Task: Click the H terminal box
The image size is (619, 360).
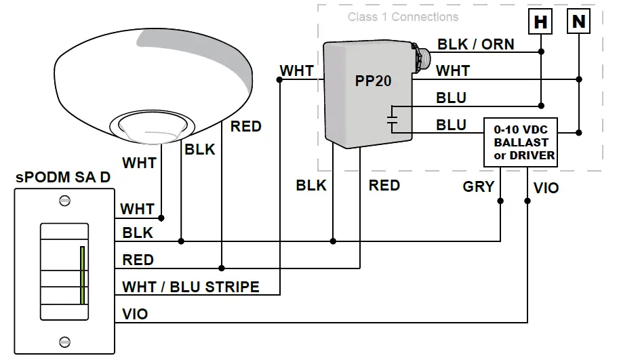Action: pyautogui.click(x=540, y=22)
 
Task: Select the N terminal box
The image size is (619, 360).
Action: pyautogui.click(x=578, y=22)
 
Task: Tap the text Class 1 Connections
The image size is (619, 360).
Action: pyautogui.click(x=403, y=17)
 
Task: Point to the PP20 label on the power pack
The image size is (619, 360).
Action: pyautogui.click(x=374, y=81)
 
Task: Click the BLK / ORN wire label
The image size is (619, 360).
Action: pyautogui.click(x=475, y=45)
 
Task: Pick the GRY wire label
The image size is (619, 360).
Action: pyautogui.click(x=478, y=186)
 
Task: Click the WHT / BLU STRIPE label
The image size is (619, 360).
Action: pyautogui.click(x=191, y=287)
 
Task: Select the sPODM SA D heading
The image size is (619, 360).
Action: pyautogui.click(x=63, y=178)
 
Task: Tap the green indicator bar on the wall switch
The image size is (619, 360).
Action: pyautogui.click(x=81, y=275)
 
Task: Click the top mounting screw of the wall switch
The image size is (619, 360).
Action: pyautogui.click(x=65, y=200)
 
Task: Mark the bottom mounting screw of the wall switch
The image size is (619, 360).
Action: pyautogui.click(x=65, y=342)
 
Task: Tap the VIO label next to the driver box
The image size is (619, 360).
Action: pyautogui.click(x=546, y=188)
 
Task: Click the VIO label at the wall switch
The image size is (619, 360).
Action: pyautogui.click(x=135, y=314)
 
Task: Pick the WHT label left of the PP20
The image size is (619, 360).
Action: pyautogui.click(x=296, y=71)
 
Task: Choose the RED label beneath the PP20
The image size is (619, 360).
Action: pyautogui.click(x=384, y=185)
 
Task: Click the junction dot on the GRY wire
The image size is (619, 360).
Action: pyautogui.click(x=500, y=201)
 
